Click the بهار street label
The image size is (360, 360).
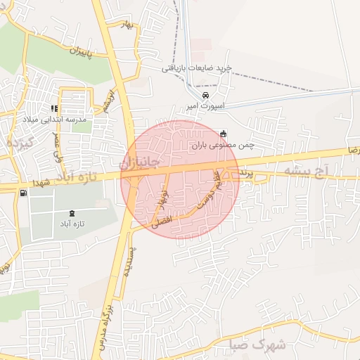tap(127, 25)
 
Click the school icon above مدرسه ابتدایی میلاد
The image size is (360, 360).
tap(53, 108)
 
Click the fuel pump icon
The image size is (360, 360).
tap(24, 192)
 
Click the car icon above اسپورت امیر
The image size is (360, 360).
tap(204, 95)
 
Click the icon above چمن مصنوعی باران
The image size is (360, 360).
tap(224, 134)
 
